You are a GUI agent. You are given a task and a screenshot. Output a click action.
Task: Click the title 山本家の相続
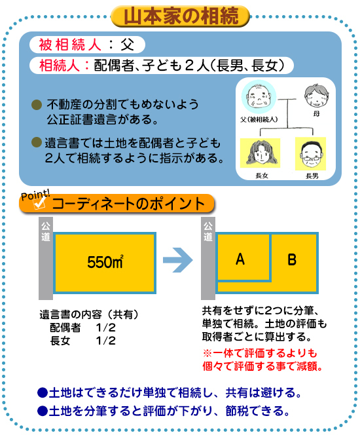click(181, 16)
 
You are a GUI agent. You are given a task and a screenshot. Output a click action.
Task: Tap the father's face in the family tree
click(259, 96)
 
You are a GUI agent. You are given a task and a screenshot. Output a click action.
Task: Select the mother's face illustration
click(317, 96)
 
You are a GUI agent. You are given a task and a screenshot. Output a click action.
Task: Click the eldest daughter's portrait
click(261, 153)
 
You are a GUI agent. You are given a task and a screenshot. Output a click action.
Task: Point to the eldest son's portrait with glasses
click(311, 154)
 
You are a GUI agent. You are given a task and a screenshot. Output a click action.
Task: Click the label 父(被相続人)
click(259, 120)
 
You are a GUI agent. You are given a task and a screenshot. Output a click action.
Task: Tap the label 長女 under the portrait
click(262, 176)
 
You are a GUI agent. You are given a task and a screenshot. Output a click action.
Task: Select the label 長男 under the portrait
click(312, 176)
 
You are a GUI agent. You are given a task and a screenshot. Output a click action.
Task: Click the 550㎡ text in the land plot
click(105, 261)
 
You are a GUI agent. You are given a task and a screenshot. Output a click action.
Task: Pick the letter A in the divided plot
click(240, 259)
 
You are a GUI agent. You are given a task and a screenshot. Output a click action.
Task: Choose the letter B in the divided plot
click(292, 260)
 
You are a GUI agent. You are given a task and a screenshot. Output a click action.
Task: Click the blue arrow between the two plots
click(177, 260)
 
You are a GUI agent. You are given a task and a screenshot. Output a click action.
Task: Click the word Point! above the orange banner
click(35, 195)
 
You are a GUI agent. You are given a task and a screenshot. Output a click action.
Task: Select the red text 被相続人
click(70, 45)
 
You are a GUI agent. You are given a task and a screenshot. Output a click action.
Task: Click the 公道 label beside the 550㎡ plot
click(46, 232)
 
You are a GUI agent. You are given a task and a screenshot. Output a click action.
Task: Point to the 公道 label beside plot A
click(208, 232)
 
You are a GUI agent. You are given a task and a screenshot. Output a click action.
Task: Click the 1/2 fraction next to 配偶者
click(105, 328)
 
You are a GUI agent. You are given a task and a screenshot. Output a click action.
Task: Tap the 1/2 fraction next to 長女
click(105, 341)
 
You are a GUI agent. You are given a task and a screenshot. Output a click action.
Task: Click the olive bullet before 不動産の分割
click(37, 105)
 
